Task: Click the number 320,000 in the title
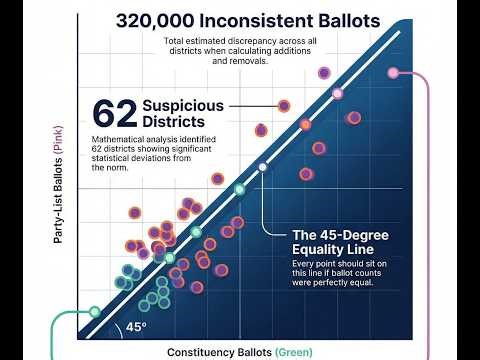point(160,19)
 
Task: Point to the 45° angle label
point(136,327)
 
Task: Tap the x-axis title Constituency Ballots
point(221,351)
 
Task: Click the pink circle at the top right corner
point(393,72)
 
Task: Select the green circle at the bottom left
point(94,311)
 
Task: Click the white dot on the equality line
point(262,167)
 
